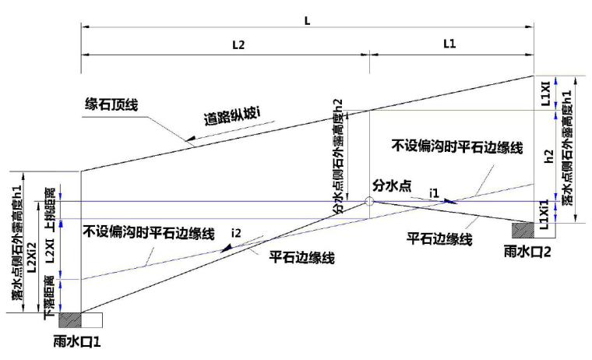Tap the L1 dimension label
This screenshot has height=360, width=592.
(449, 45)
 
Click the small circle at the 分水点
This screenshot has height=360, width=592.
(368, 201)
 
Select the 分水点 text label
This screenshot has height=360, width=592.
(393, 185)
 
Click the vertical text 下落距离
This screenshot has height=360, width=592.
(50, 295)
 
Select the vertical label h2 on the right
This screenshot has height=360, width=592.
(548, 156)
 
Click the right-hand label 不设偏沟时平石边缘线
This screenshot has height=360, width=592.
(456, 146)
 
